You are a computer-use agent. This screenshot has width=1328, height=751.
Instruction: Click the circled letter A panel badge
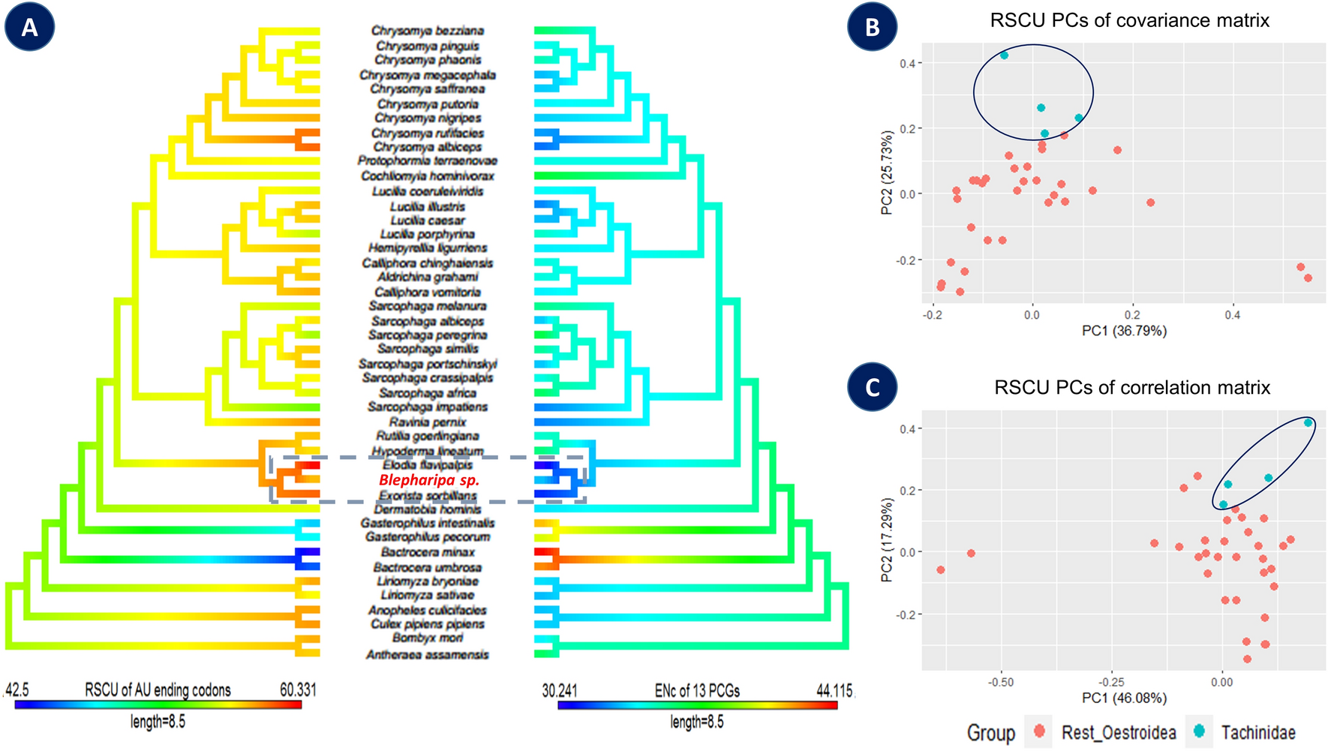click(29, 27)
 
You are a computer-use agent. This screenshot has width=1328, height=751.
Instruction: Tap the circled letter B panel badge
click(872, 27)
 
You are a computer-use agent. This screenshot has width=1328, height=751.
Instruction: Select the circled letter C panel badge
click(872, 387)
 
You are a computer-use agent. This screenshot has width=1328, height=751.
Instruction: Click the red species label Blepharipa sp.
click(428, 480)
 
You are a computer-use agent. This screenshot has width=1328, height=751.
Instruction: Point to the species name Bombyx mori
click(428, 638)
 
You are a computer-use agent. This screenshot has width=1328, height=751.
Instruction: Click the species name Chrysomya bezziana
click(428, 31)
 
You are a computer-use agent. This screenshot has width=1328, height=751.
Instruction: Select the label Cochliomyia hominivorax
click(428, 176)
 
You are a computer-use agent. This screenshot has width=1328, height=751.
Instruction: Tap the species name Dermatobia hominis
click(428, 509)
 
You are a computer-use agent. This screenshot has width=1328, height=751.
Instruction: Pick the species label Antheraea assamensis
click(428, 655)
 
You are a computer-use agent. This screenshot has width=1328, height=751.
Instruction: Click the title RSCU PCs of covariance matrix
click(1129, 20)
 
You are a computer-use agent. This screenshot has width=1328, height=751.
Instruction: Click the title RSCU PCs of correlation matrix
click(1131, 388)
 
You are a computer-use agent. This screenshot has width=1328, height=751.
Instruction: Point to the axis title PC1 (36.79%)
click(1124, 331)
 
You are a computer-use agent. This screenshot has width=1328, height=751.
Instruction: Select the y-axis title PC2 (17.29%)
click(887, 539)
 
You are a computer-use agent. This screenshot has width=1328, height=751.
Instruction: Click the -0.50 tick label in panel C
click(1001, 683)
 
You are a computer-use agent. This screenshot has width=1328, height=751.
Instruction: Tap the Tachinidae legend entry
click(1257, 732)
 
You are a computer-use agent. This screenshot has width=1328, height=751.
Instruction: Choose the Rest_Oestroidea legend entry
click(1118, 732)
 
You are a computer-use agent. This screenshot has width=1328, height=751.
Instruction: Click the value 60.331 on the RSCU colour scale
click(298, 689)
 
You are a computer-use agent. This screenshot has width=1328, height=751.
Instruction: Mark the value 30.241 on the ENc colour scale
click(560, 690)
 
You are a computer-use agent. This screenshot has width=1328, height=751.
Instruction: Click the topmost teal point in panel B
click(1004, 56)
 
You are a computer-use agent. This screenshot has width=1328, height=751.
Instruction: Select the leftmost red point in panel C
click(941, 570)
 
